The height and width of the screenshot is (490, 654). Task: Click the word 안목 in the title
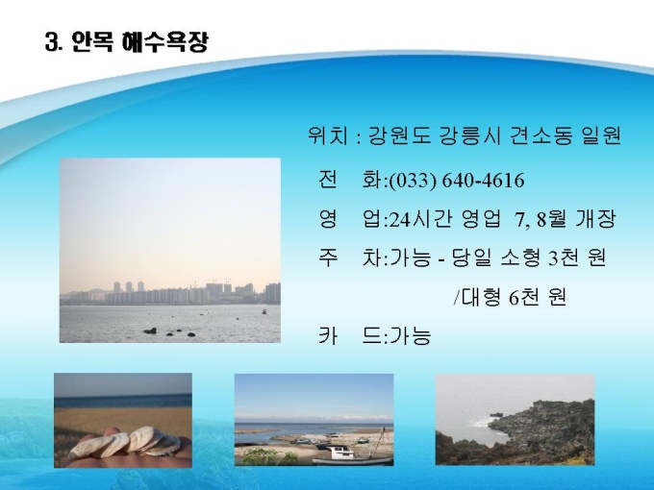click(x=92, y=41)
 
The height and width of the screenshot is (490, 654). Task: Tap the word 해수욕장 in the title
click(x=164, y=41)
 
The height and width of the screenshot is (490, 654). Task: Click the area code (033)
click(x=413, y=181)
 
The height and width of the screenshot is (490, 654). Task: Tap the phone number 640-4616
click(x=483, y=181)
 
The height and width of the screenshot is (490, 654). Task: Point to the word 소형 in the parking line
click(x=520, y=257)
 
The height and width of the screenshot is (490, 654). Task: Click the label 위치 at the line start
click(x=328, y=135)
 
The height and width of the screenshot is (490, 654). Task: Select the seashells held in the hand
click(x=124, y=443)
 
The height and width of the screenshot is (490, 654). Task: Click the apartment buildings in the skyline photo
click(x=191, y=293)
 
